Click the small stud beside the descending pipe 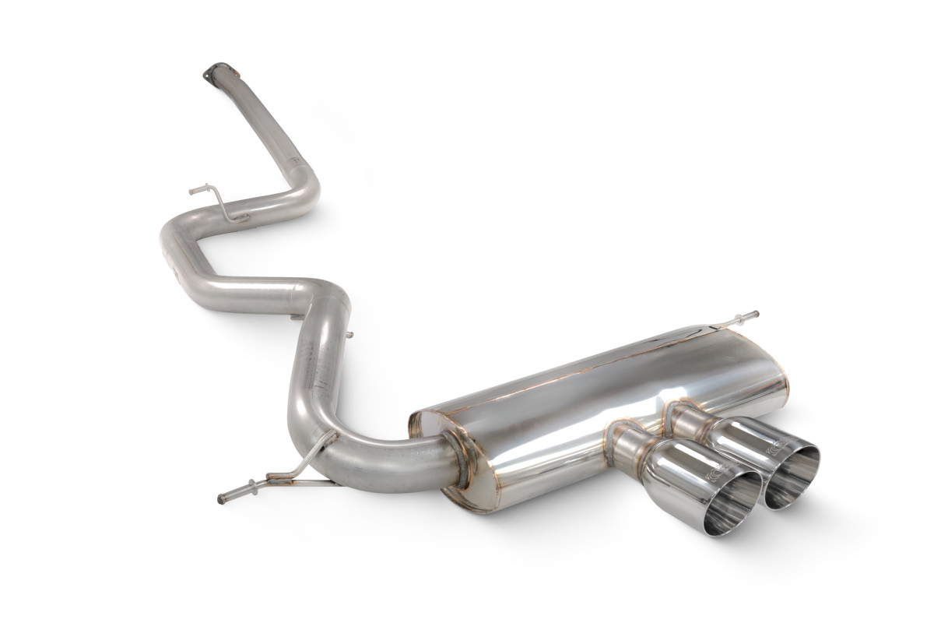[x=348, y=336]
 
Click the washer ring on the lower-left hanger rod [x=269, y=476]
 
